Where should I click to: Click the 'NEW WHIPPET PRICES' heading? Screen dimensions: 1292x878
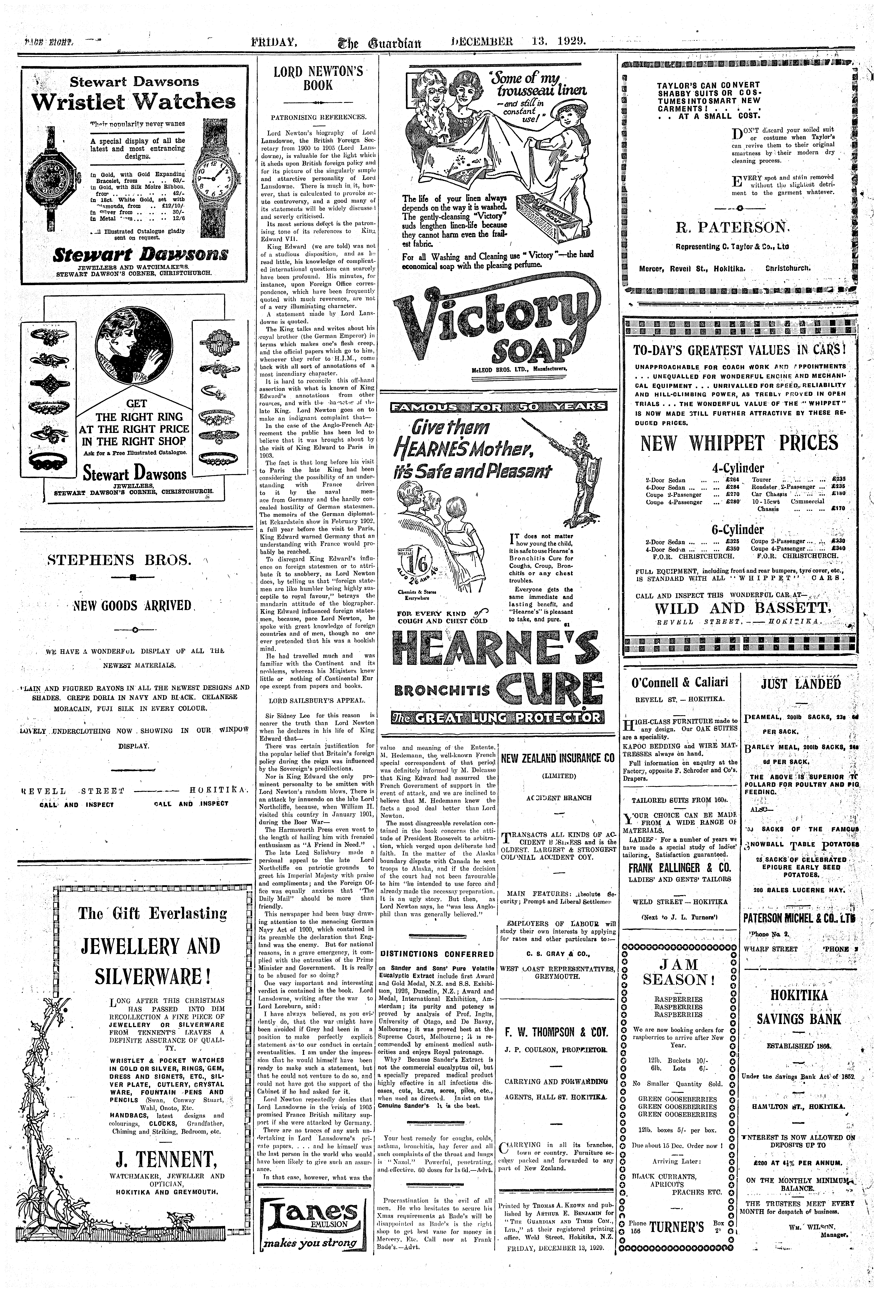[739, 443]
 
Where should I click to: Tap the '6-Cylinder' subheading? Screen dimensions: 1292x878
[737, 529]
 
